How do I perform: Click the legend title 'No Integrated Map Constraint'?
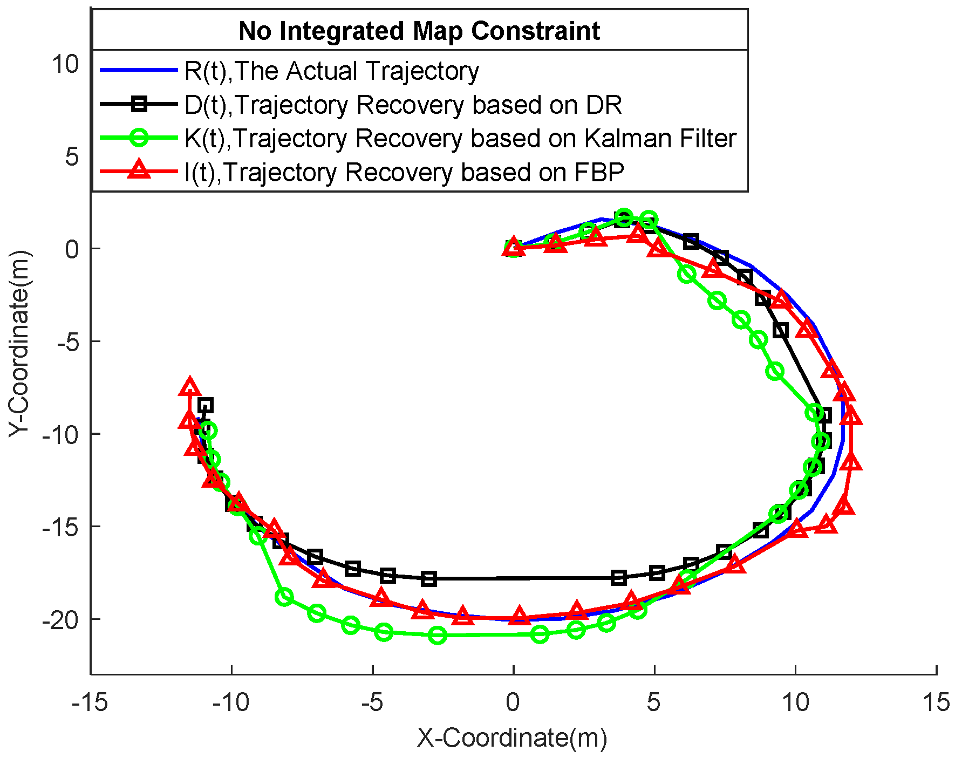[419, 31]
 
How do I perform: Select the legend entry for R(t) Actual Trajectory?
[331, 71]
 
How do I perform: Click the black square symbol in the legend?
[139, 104]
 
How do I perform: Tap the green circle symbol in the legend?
[139, 138]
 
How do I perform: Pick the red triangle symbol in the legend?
[139, 171]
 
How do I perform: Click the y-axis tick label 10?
[65, 64]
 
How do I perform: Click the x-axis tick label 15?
[936, 703]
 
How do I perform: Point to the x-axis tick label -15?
[90, 703]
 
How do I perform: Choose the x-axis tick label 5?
[654, 703]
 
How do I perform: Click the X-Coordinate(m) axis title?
[512, 738]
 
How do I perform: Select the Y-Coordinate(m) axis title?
[19, 344]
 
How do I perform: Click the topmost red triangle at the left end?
[189, 387]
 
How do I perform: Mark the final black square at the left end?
[205, 405]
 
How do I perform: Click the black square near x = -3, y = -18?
[428, 579]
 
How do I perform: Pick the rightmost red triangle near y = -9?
[851, 416]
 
